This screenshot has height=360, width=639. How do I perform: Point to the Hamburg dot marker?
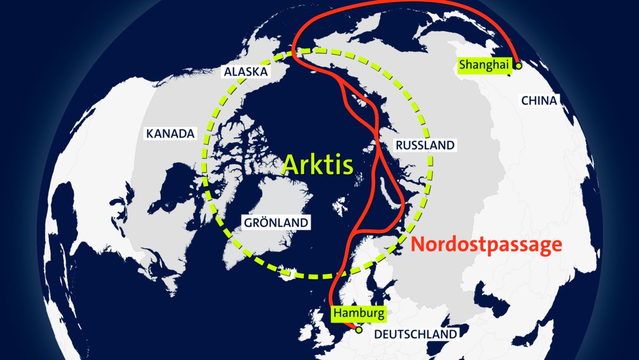click(359, 330)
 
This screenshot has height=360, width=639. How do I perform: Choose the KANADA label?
click(170, 133)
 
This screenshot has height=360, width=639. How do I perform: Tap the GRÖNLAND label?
click(276, 222)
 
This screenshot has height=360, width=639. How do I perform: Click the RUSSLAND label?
click(424, 144)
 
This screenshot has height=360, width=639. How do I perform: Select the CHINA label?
click(539, 100)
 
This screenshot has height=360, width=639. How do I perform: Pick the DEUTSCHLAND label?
click(415, 334)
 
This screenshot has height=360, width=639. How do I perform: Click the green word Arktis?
click(317, 165)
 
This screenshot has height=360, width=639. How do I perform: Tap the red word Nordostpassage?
click(487, 244)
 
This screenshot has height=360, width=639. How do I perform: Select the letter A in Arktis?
click(291, 165)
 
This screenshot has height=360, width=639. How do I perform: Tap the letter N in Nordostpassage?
click(421, 244)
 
